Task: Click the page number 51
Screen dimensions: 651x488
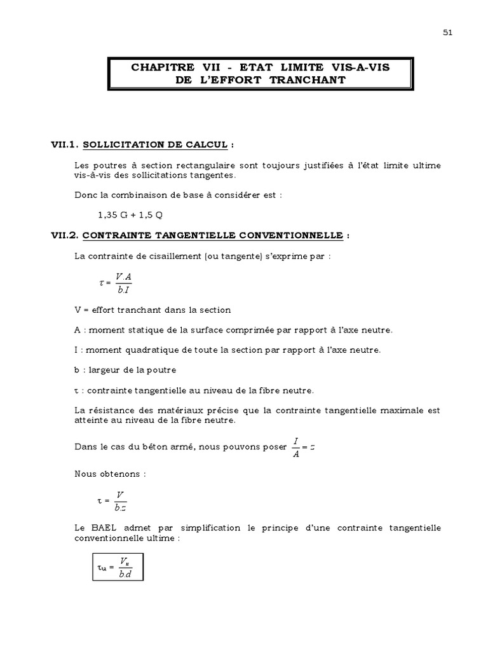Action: (447, 34)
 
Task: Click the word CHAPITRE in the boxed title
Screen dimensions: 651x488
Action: (158, 67)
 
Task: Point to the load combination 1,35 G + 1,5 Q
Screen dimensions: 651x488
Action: (126, 215)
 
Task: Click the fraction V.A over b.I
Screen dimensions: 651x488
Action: (123, 284)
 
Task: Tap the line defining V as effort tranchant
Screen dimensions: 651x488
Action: (152, 310)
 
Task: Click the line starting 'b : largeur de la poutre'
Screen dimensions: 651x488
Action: (125, 369)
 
